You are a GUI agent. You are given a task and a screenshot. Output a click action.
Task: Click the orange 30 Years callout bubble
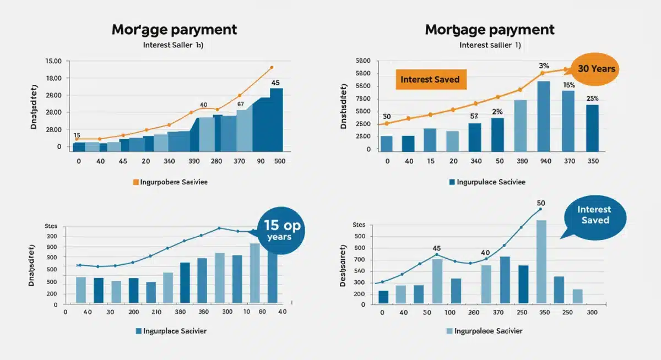pos(595,69)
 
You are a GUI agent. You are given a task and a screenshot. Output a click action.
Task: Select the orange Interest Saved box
pos(430,79)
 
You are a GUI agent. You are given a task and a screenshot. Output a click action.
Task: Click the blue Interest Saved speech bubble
pos(594,215)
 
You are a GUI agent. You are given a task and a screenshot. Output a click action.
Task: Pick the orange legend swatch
pos(136,182)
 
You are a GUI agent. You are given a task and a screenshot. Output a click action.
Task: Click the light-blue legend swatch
pos(449,331)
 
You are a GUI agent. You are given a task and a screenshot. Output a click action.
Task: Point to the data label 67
pos(240,103)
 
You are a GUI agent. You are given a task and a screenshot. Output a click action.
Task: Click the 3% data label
pos(544,66)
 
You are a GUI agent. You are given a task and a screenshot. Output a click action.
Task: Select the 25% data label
pos(592,99)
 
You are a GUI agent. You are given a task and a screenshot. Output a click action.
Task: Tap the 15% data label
pos(569,85)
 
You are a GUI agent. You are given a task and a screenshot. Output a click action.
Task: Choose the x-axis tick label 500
pos(279,161)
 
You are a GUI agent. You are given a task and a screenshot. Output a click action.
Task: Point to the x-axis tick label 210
pos(156,312)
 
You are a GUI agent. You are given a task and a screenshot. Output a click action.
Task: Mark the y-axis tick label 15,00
pos(53,61)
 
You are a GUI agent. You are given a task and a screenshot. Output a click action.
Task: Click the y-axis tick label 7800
pos(363,99)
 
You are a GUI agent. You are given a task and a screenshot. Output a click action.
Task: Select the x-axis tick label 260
pos(473,312)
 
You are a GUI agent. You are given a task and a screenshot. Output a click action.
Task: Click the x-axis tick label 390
pos(194,161)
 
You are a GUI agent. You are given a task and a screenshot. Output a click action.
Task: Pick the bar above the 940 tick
pos(544,116)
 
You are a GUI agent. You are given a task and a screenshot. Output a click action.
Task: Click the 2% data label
pos(497,111)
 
